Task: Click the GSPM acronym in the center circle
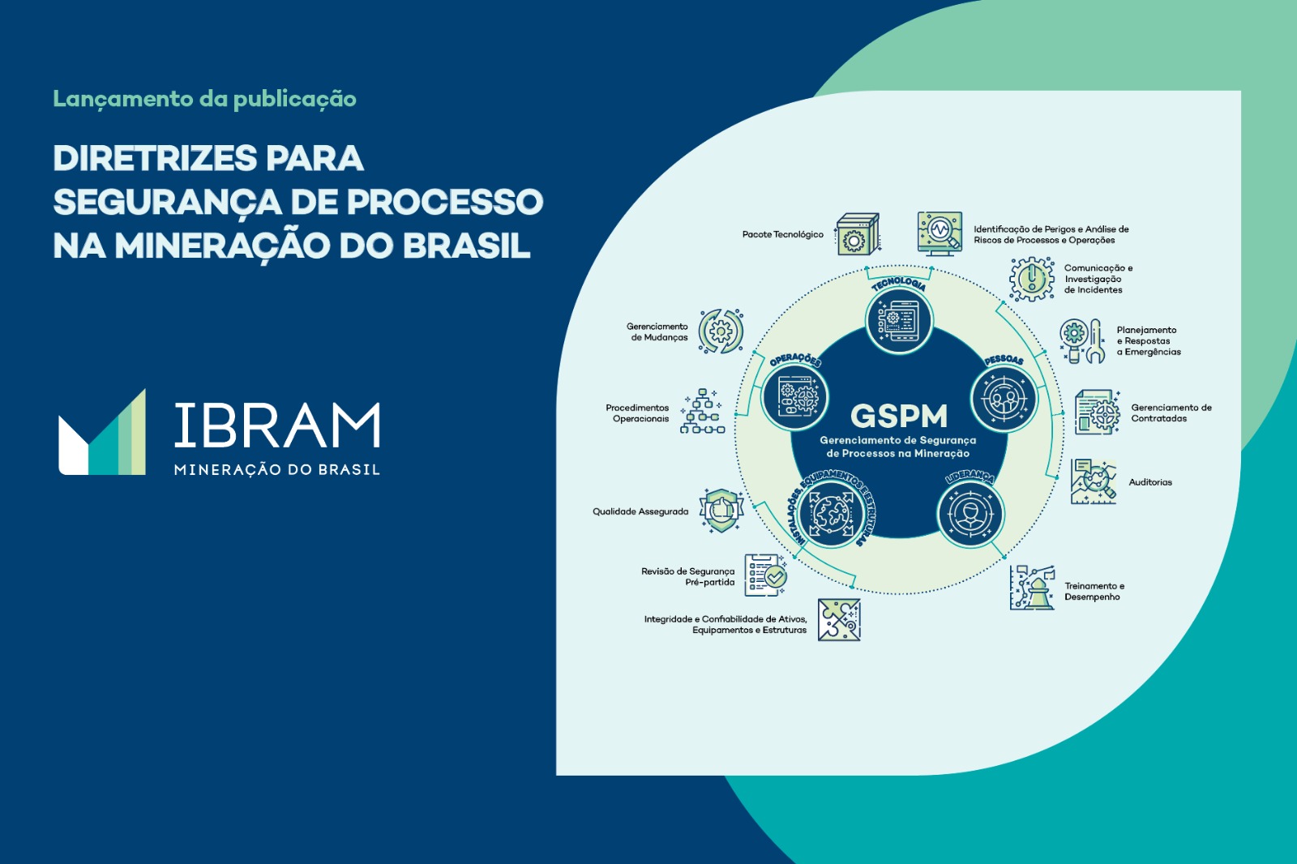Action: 899,415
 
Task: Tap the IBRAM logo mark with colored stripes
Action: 102,433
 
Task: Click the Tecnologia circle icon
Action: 899,320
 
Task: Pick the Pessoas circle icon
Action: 1004,399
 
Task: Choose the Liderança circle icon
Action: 970,514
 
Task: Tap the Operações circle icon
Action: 794,397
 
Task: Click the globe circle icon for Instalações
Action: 831,513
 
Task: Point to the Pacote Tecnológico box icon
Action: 858,234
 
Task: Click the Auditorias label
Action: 1150,481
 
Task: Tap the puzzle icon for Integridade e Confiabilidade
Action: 839,619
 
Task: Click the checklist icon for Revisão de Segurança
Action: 765,575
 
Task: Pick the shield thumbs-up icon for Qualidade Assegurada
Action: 721,510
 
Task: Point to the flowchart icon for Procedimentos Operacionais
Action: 702,412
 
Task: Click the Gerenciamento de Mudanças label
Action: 657,331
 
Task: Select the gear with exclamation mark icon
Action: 1032,279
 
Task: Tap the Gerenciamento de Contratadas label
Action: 1171,413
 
